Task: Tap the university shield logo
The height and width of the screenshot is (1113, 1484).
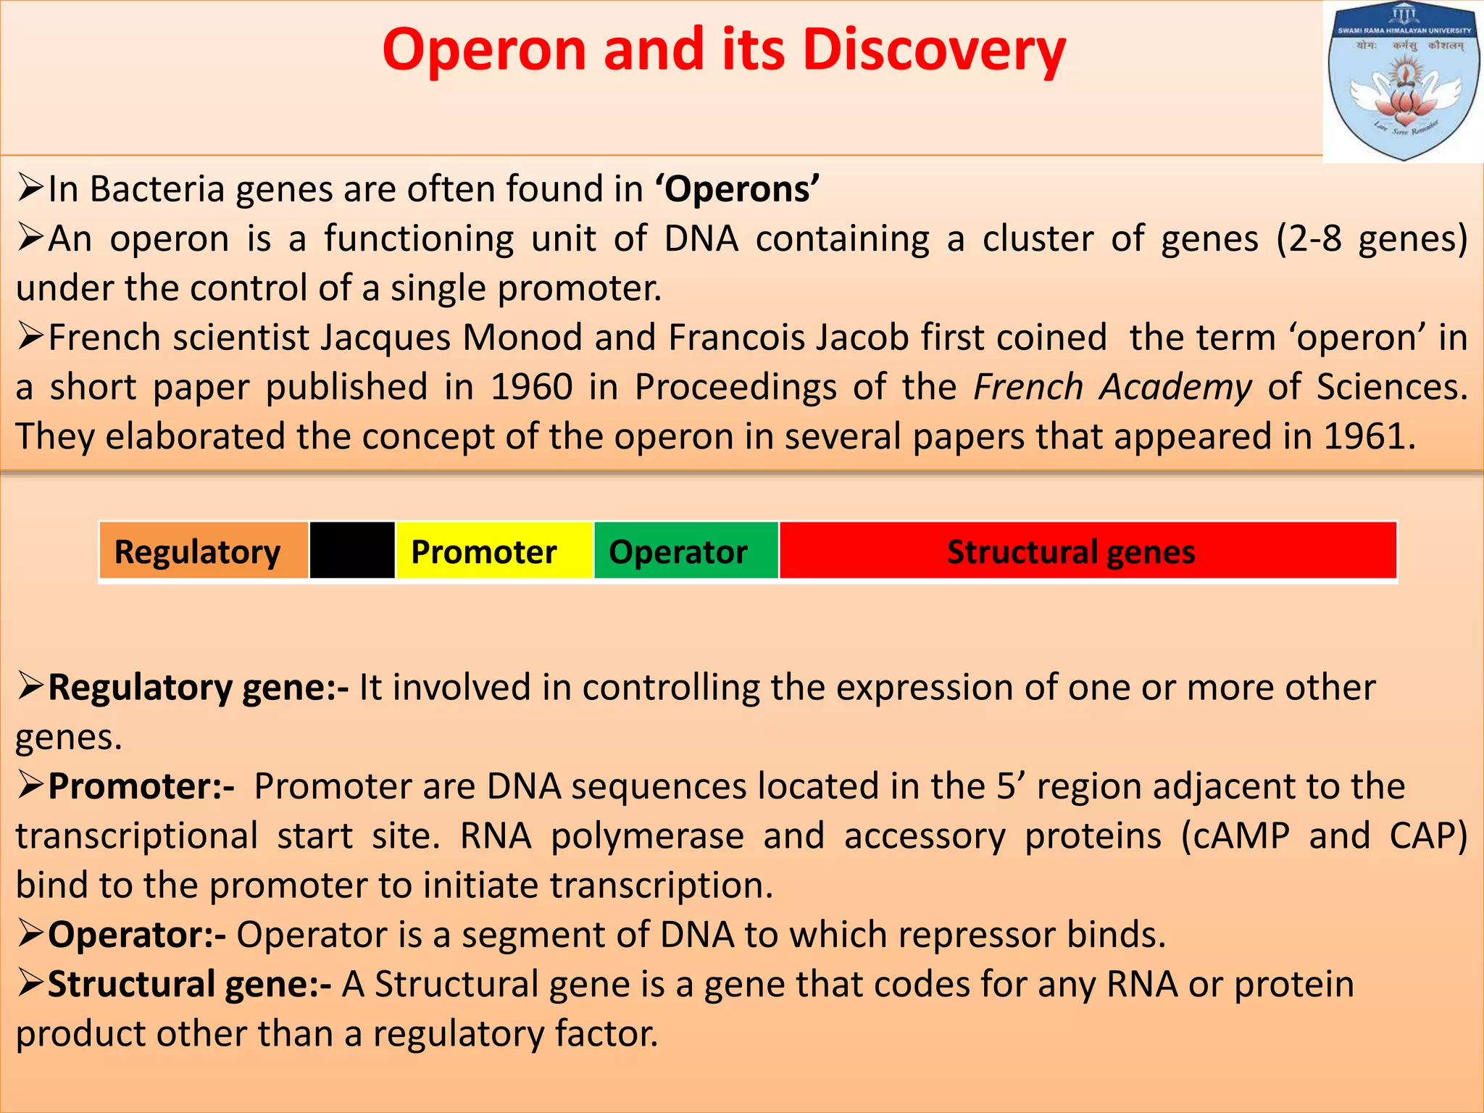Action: point(1403,81)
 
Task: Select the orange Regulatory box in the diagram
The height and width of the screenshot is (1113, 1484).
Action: point(204,551)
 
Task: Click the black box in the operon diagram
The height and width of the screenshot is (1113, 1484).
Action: point(352,551)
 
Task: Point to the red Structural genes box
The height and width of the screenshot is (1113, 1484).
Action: point(1087,551)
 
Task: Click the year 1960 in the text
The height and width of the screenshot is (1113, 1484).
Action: point(532,387)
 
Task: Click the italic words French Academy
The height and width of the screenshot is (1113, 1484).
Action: point(1112,387)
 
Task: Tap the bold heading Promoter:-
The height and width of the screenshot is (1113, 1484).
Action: point(141,786)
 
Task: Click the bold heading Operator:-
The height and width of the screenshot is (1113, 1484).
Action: point(137,935)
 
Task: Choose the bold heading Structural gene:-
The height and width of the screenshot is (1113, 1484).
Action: point(189,984)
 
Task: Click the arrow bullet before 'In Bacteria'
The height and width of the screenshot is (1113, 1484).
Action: point(31,188)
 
